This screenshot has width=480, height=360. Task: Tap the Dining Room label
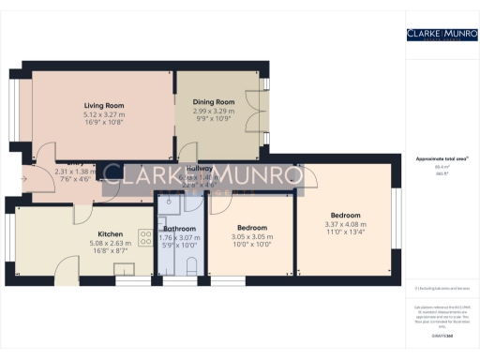213,102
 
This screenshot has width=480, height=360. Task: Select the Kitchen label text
111,234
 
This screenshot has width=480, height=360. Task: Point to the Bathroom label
179,229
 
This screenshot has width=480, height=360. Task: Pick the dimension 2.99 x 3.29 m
213,111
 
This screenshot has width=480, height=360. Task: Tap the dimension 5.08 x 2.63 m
111,244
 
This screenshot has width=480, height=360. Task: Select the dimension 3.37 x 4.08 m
342,224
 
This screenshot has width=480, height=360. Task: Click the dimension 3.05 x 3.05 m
251,236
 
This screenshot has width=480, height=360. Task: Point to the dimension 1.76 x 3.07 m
179,237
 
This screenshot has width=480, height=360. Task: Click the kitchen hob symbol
124,269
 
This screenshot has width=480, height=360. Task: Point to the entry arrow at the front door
23,175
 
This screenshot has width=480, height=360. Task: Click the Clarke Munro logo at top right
436,35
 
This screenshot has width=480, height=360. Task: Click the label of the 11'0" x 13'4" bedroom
342,216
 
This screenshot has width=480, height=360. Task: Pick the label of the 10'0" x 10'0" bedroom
251,228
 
